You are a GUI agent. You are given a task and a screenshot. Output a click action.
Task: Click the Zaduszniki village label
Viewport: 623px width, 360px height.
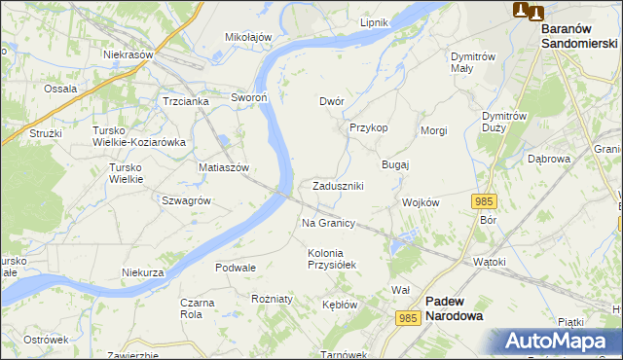pos(338,186)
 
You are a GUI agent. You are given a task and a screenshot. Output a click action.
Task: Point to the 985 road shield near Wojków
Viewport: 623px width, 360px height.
pos(485,200)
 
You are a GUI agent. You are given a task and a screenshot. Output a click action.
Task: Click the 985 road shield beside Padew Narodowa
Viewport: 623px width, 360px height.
pos(409,318)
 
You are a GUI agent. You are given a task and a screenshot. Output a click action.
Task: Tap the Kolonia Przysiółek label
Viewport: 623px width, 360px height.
pos(333,258)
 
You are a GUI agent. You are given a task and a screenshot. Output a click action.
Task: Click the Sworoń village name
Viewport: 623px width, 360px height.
pos(248,97)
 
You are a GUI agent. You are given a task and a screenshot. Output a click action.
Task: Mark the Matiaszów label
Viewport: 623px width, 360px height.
pos(224,167)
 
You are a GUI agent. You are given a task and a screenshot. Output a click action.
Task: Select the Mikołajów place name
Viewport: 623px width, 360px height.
pos(248,37)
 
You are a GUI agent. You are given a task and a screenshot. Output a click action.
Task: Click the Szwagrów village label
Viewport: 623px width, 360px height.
pos(187,199)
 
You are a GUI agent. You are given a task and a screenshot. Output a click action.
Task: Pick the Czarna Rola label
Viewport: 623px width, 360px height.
pos(198,308)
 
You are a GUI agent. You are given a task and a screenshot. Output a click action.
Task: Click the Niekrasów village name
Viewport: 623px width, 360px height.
pos(129,54)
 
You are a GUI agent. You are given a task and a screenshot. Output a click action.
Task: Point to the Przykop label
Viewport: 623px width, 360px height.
pos(369,127)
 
